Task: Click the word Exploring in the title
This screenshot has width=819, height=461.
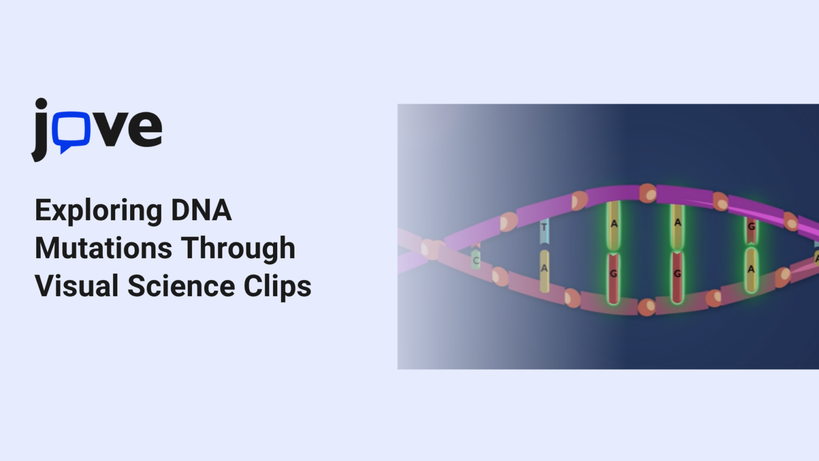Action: tap(98, 211)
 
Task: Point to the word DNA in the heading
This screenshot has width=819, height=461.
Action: tap(201, 210)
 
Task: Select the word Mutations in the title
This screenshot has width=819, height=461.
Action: tap(103, 248)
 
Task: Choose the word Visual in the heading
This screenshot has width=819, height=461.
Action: tap(76, 286)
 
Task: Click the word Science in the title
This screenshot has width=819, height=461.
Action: tap(181, 286)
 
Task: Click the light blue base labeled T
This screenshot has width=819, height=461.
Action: tap(544, 229)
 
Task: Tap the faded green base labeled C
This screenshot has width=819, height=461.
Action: tap(476, 260)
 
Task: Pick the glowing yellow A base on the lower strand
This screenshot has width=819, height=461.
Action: tap(751, 269)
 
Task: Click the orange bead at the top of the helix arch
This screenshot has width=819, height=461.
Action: tap(648, 193)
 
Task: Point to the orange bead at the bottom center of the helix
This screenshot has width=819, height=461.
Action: tap(647, 307)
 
